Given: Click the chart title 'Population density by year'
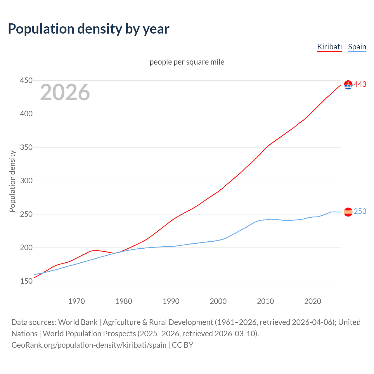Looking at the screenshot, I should coord(89,29).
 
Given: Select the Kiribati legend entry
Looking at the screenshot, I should coord(329,47).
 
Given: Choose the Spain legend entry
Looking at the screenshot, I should coord(357,47).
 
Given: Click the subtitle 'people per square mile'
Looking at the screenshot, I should coord(187,62).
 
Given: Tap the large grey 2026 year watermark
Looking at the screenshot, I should coord(65,92).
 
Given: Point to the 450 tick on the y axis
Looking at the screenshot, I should coord(26,80).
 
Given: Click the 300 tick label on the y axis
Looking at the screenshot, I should coord(26,181).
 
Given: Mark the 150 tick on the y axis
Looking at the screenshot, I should coord(26,281).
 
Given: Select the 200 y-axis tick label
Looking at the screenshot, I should coord(26,247).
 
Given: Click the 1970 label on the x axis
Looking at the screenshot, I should coord(77,301).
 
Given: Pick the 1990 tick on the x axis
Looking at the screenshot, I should coord(171,301).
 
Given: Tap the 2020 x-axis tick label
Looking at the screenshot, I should coord(313,301).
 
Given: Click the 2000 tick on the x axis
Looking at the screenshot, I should coord(218,301).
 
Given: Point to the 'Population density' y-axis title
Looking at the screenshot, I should coord(12,181).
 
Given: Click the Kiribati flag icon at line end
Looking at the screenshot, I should coord(348,85).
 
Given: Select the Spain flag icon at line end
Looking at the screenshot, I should coord(348,212).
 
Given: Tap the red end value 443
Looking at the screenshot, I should coord(360,84).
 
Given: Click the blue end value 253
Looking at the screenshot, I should coord(360,211).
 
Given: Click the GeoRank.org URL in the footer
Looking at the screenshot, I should coord(89,345).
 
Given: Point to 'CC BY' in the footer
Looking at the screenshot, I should coord(183,345).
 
